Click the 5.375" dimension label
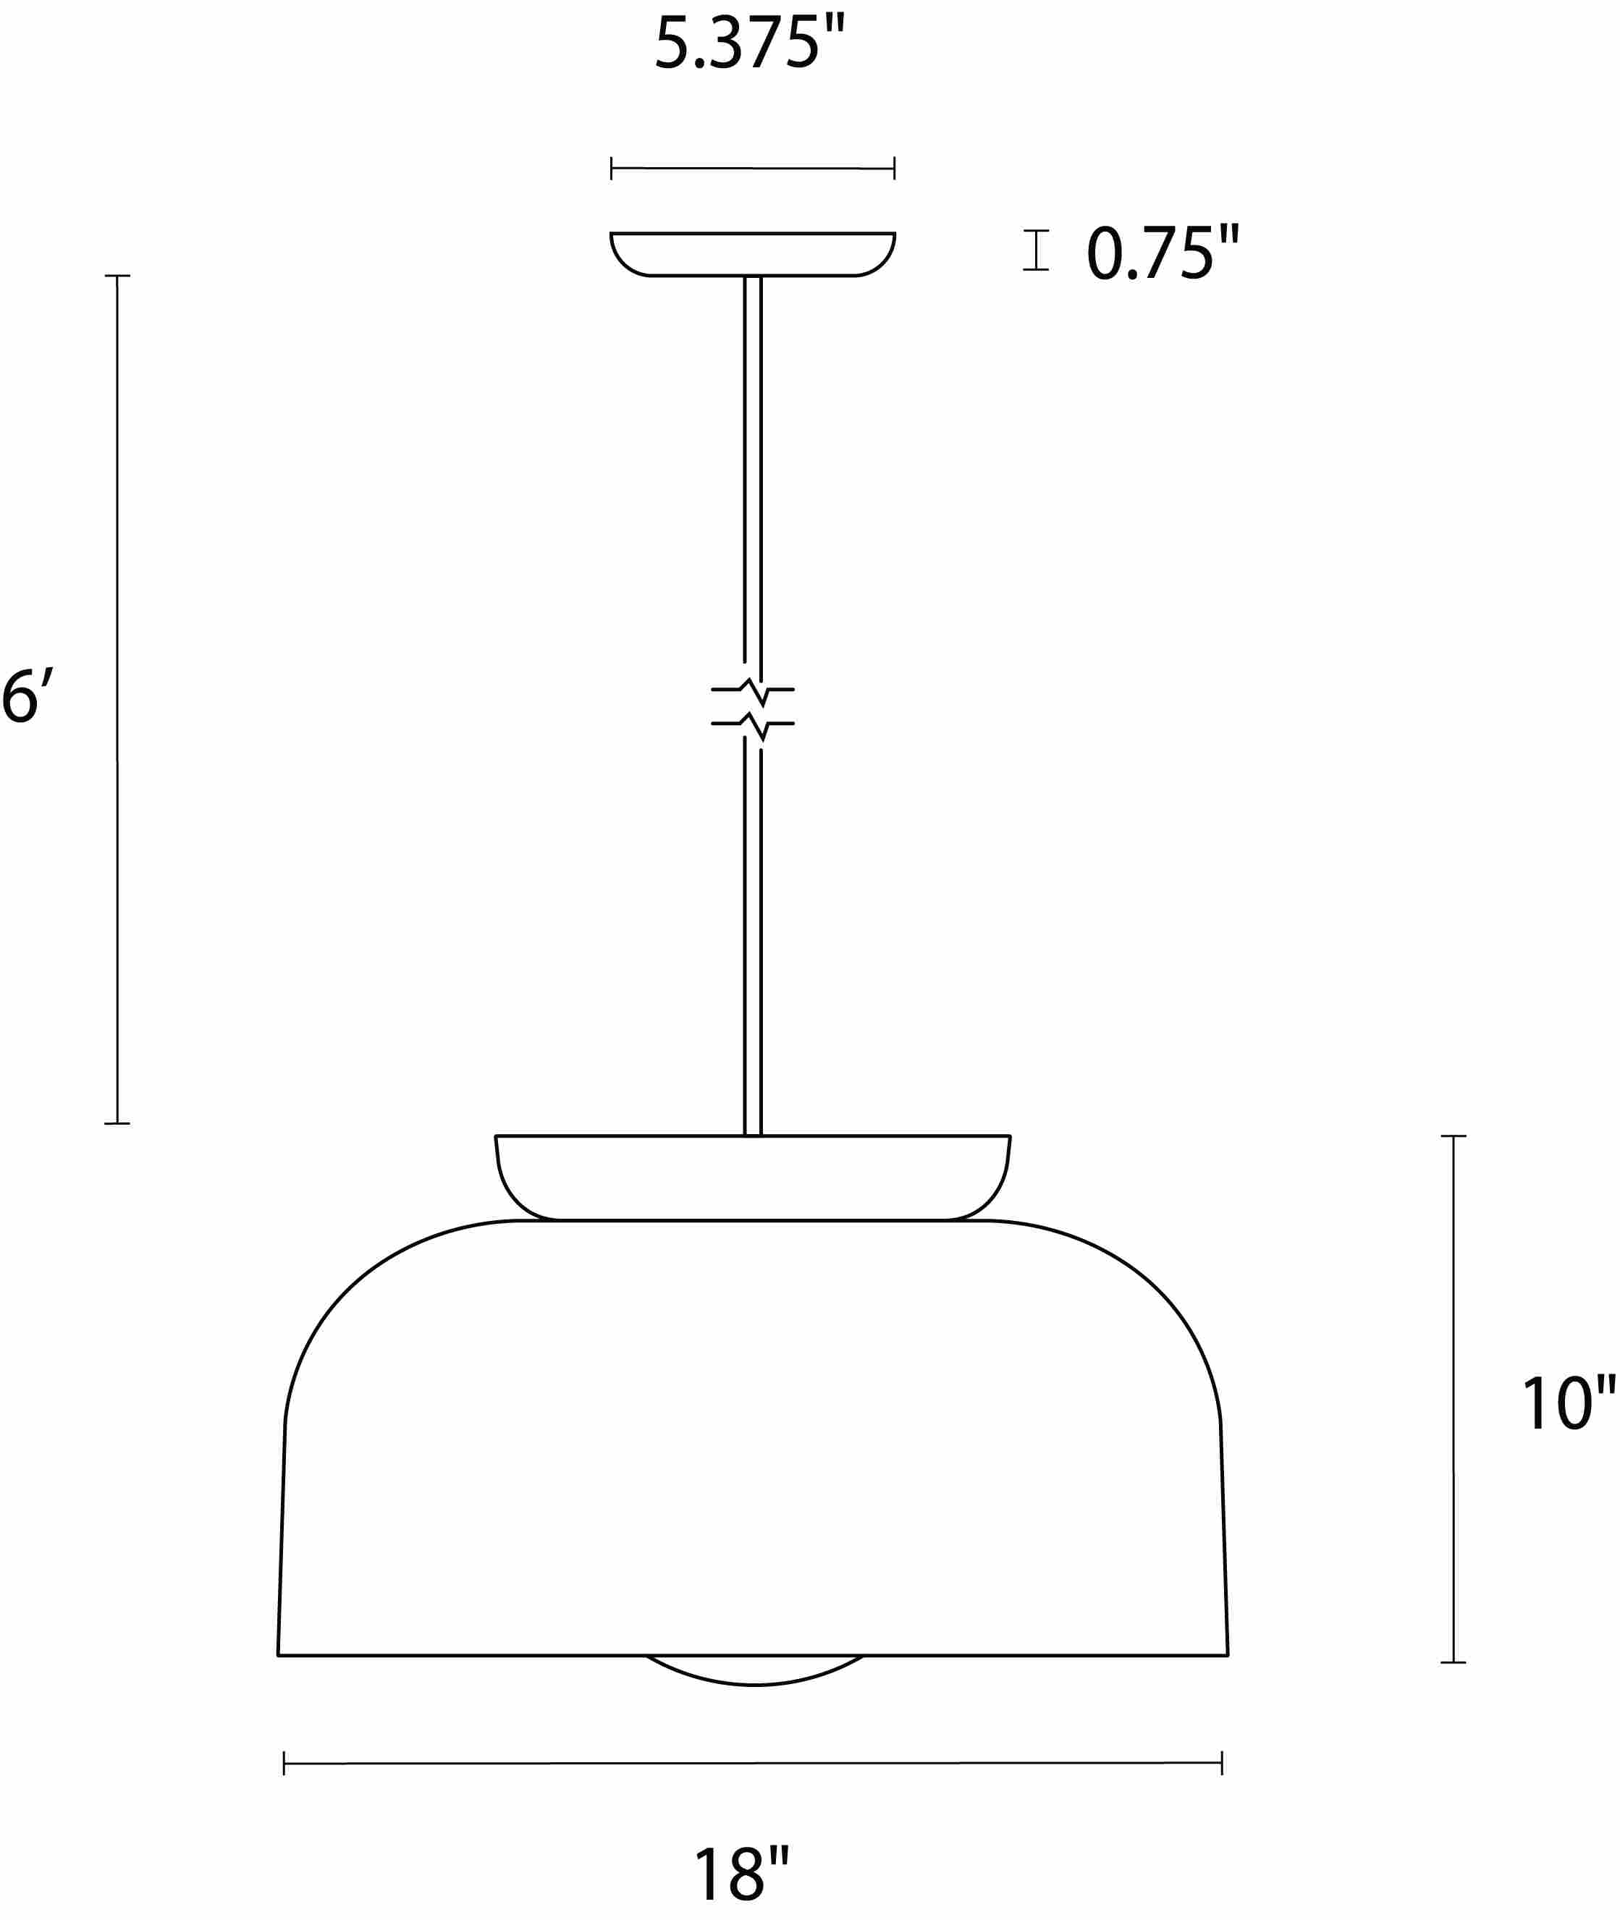(x=748, y=43)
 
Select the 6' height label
(x=28, y=697)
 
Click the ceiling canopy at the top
(x=752, y=253)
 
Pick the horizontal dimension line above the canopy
(x=752, y=168)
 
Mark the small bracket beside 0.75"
(x=1036, y=250)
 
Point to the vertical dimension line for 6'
(x=117, y=698)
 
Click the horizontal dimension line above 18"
(x=752, y=1763)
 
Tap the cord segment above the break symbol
(x=752, y=468)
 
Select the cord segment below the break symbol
(x=752, y=936)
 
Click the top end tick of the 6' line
(x=117, y=276)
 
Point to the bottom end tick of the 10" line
(x=1453, y=1662)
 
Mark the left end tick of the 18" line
(x=284, y=1763)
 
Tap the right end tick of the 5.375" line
(x=893, y=168)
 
